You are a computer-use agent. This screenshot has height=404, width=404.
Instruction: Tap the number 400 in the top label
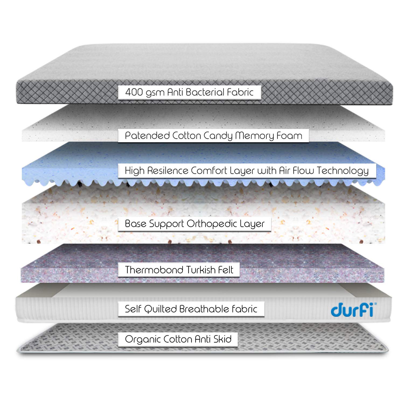point(134,92)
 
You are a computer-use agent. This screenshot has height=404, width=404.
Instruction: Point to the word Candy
point(218,136)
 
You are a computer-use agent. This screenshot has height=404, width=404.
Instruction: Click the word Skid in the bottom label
point(222,339)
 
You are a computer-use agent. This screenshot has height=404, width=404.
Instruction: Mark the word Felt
point(226,270)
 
